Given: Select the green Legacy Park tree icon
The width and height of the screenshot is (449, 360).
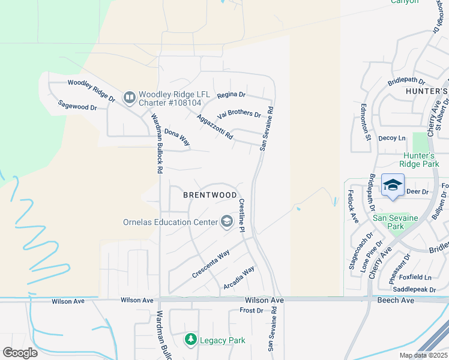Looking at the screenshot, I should [x=191, y=340].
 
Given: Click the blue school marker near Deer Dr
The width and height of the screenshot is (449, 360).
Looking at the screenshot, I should [x=393, y=185].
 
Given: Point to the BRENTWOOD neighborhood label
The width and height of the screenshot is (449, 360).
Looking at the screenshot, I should [x=209, y=195].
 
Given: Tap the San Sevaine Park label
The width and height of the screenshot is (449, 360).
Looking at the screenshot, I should [x=396, y=223].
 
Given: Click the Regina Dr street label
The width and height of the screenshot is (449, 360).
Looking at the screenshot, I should [x=232, y=95].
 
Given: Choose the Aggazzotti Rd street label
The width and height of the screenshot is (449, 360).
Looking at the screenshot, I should [x=215, y=127].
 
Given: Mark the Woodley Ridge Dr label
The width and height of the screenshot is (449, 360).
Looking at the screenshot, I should [x=91, y=91].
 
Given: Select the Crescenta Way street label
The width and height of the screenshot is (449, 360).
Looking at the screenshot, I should [x=211, y=265].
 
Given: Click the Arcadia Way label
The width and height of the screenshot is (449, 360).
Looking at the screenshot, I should [x=239, y=276].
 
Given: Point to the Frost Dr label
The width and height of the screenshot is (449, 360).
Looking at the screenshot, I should [x=252, y=310].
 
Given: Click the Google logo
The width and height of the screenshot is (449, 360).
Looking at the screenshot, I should [x=20, y=353].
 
